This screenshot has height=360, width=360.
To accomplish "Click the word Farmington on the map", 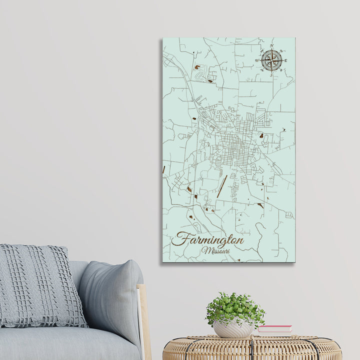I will pos(207,239).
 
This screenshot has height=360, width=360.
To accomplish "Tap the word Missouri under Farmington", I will pos(215,250).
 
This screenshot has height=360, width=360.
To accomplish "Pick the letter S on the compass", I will pos(271,75).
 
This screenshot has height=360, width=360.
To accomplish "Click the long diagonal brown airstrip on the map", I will pos(222,186).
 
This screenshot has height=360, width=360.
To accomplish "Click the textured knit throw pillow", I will pos(40,285).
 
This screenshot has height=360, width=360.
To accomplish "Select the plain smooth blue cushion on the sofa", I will pos(112,295).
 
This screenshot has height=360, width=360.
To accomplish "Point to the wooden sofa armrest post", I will pos(144,320).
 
